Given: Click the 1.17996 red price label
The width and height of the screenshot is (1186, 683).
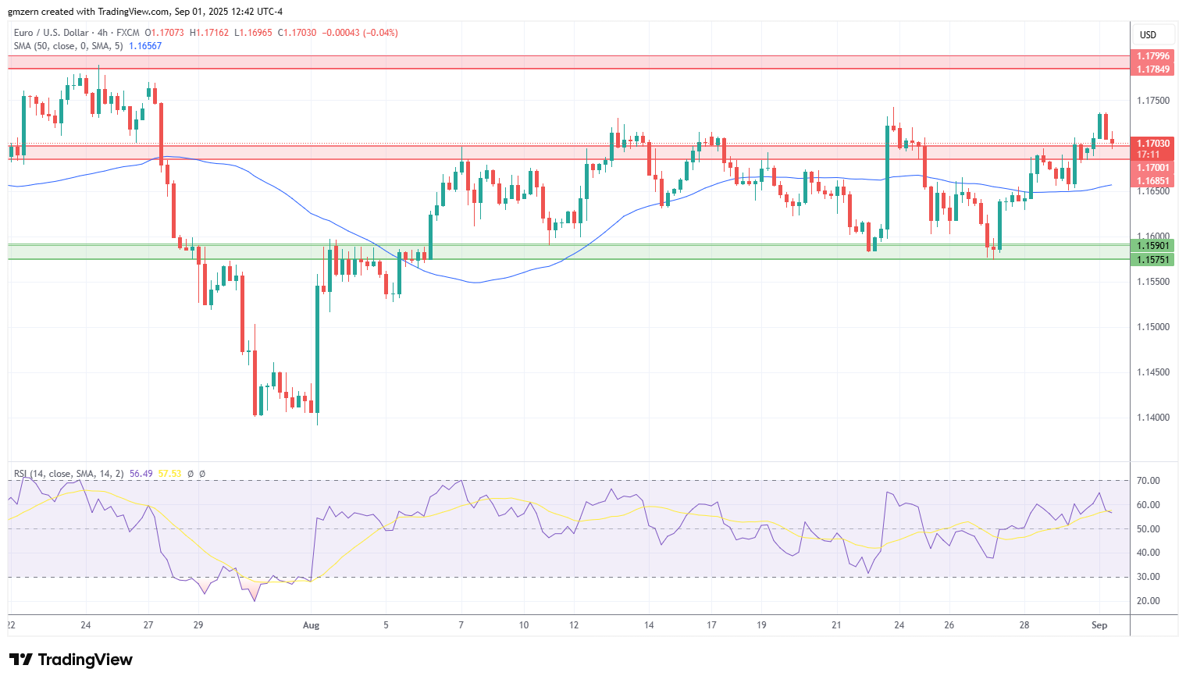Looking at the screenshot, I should coord(1152,56).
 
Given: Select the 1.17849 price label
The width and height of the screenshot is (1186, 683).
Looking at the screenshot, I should coord(1152,69).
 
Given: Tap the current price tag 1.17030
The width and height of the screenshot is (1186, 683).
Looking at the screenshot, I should coord(1152,144).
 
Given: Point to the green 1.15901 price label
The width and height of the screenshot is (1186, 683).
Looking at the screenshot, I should coord(1152,246).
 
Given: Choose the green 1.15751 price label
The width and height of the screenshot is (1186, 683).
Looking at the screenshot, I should coord(1152,260).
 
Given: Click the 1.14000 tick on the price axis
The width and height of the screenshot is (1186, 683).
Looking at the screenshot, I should coord(1152,418).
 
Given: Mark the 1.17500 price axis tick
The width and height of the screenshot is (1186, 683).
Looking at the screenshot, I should coord(1152,101).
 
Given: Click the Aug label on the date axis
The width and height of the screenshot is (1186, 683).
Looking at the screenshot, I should coord(311,625).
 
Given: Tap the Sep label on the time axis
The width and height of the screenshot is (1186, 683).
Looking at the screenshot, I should coord(1099,625).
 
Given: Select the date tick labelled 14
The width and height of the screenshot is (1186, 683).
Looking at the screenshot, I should coord(649,625).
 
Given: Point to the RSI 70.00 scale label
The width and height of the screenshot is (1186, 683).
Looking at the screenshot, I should coord(1149,481).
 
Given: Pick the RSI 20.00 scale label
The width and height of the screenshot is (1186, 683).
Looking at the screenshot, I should coord(1149,601).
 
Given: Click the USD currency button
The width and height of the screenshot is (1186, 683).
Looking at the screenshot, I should coord(1148,34).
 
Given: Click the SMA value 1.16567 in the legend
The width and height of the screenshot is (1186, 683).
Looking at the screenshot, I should coord(145,46).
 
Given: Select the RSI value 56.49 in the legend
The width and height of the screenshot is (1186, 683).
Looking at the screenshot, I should coord(141,474).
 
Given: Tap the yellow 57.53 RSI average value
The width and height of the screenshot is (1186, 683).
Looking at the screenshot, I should coord(169,474).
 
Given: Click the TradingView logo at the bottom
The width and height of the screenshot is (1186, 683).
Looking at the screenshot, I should coord(71,660).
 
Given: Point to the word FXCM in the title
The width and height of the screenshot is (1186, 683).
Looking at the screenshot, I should coord(127,33).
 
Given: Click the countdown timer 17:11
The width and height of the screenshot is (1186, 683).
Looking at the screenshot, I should coord(1149,155).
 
